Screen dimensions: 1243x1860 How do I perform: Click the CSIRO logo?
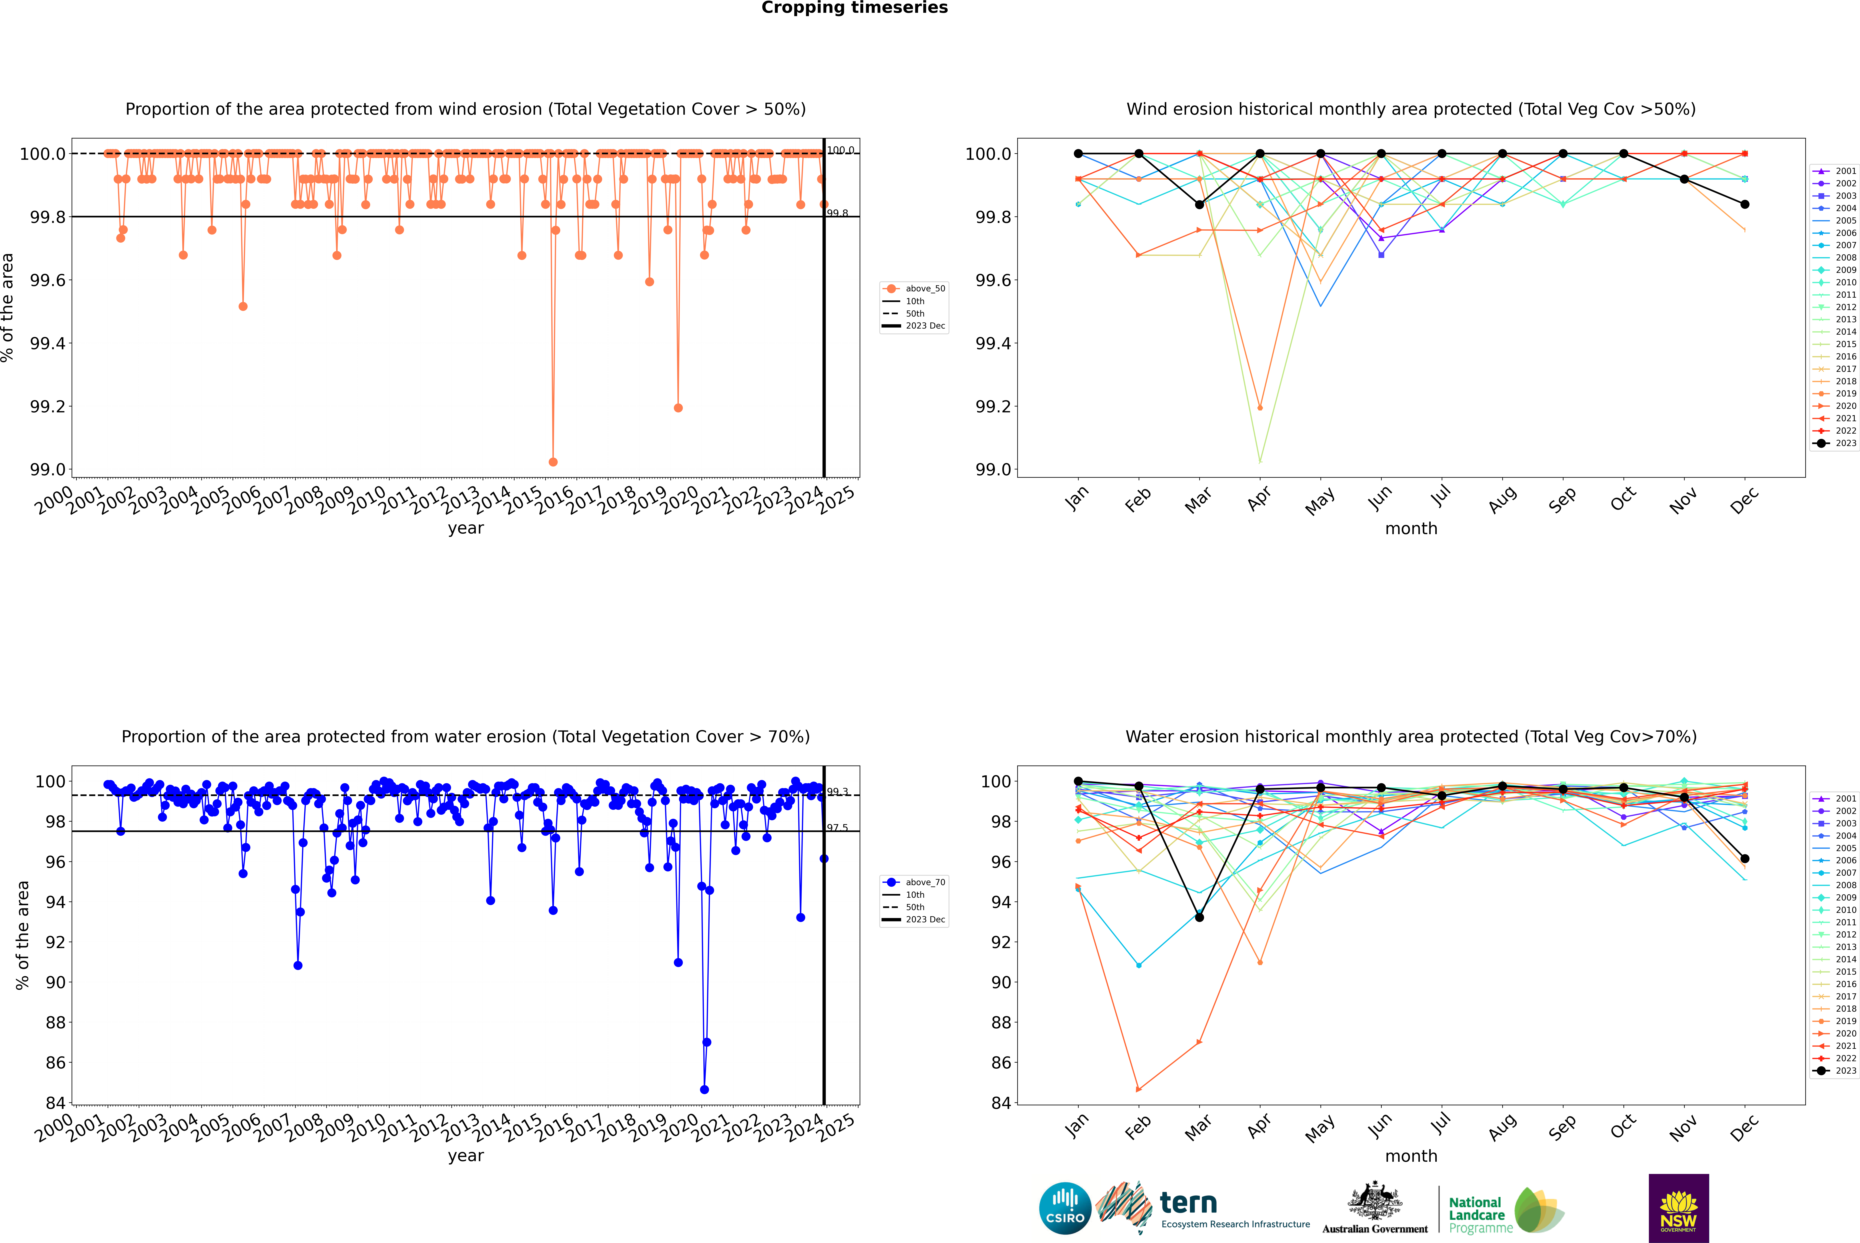click(x=1065, y=1208)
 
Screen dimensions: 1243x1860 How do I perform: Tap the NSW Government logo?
click(x=1678, y=1208)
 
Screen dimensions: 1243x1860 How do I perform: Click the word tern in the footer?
click(x=1188, y=1203)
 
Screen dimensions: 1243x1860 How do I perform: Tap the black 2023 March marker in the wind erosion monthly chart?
click(x=1199, y=205)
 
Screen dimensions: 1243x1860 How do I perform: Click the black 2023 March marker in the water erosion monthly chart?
click(x=1199, y=917)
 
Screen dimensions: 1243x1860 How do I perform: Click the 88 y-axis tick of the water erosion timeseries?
click(x=55, y=1023)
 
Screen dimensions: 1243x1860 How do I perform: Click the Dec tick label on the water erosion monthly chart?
click(x=1744, y=1128)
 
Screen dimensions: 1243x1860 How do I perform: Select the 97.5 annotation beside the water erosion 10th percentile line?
click(x=837, y=828)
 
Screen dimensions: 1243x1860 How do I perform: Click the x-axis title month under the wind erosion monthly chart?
click(x=1411, y=529)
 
